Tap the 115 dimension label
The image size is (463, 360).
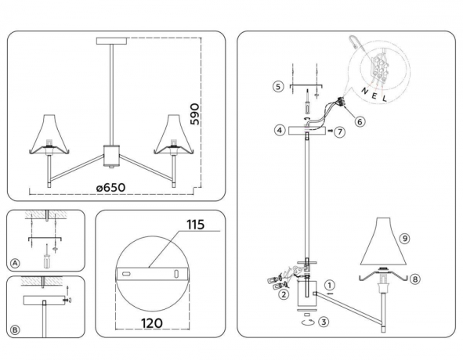pyautogui.click(x=195, y=225)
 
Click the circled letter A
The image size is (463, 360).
pyautogui.click(x=16, y=262)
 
